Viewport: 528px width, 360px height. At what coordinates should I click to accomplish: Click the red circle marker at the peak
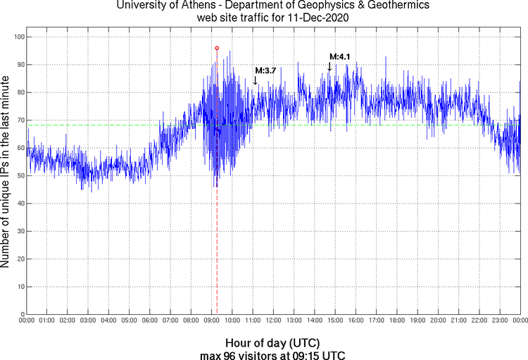(217, 48)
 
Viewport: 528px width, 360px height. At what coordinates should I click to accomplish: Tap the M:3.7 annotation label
(265, 70)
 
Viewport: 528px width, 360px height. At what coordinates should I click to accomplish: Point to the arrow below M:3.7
(255, 80)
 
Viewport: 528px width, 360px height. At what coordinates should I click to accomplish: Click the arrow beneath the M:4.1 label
(329, 66)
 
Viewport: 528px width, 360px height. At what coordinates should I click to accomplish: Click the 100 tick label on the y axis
(18, 37)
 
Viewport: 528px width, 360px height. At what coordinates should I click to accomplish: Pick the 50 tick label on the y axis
(20, 175)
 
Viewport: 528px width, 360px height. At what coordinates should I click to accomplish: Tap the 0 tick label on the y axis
(23, 314)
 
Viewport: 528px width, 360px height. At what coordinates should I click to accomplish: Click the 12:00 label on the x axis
(273, 321)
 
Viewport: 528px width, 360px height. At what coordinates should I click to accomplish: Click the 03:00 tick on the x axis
(88, 321)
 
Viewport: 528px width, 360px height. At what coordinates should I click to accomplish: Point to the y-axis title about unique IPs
(6, 173)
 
